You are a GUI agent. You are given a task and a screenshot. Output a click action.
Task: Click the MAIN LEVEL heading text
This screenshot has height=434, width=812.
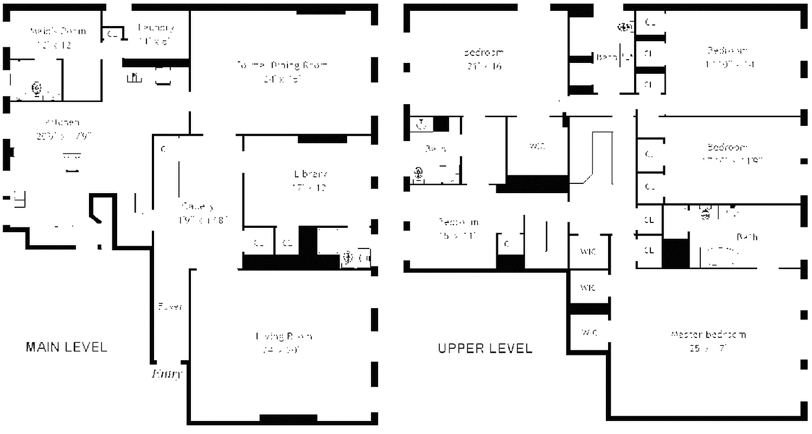tap(66, 347)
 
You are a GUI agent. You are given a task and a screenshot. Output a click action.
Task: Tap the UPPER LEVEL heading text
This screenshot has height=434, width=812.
tap(485, 348)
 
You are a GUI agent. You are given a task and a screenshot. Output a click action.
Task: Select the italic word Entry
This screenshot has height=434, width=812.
tap(167, 374)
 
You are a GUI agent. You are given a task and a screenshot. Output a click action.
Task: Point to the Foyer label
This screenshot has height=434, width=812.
tap(170, 307)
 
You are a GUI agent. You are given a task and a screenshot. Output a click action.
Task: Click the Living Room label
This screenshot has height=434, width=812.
tap(284, 336)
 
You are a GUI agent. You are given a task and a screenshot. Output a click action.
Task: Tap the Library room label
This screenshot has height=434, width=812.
tap(310, 174)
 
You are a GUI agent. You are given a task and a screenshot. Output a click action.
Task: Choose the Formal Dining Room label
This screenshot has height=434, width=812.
tap(282, 65)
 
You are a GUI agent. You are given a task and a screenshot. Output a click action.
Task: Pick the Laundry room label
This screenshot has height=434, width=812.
tap(156, 28)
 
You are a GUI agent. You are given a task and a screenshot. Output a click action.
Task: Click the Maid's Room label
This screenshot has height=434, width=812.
tap(57, 31)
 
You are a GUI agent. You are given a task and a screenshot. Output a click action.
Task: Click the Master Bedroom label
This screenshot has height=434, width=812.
tap(708, 334)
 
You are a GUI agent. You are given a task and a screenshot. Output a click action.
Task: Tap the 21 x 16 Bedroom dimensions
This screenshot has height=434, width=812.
tap(484, 67)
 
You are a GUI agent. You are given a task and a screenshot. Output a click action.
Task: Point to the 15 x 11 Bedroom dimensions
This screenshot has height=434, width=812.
tap(458, 235)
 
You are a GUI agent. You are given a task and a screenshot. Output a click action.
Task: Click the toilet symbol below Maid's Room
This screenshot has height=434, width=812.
tap(37, 88)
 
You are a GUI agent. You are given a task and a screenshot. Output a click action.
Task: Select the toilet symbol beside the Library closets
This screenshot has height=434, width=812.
tap(347, 258)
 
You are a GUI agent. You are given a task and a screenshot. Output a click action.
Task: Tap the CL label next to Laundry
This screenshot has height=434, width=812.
tap(112, 34)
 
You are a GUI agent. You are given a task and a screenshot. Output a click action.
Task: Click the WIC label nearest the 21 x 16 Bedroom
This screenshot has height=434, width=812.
tap(536, 146)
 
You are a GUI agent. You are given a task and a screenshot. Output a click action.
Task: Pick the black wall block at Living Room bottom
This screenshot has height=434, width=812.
tap(288, 418)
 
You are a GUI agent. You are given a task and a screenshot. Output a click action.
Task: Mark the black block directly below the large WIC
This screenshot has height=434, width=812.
tap(533, 184)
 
